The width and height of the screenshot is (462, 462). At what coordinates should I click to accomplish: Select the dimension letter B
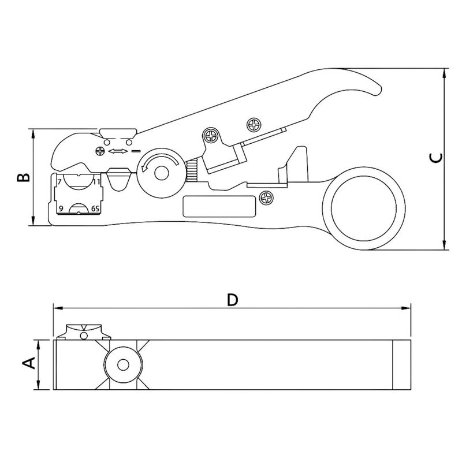pos(23,177)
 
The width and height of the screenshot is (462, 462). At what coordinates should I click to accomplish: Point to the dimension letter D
pos(232,299)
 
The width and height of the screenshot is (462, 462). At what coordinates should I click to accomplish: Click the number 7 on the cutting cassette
pos(59,181)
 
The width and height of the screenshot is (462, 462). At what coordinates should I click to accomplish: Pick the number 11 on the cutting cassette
pos(96,181)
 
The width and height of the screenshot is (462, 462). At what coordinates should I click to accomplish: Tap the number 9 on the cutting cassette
pos(59,208)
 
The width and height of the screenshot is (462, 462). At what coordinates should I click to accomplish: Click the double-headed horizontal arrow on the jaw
pos(118,151)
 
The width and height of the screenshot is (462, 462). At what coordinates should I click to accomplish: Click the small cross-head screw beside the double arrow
pos(99,151)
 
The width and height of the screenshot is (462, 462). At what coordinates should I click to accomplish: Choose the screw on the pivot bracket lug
pos(212,137)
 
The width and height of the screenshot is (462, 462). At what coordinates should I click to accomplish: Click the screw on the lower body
pos(266,199)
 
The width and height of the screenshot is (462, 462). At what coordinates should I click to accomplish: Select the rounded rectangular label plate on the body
pos(219,206)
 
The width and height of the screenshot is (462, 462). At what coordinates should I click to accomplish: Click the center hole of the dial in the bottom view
pos(122,365)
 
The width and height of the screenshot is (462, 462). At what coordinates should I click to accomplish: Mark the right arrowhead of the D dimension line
pos(407,308)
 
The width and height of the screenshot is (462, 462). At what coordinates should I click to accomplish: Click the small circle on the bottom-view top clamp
pos(84,336)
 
